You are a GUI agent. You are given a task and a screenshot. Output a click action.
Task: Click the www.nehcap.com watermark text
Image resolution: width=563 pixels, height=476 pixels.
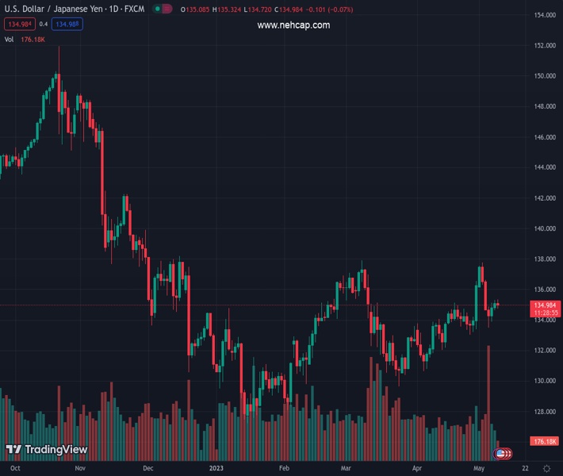293,25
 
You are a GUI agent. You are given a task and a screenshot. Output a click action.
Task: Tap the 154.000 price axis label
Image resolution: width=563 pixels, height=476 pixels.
544,15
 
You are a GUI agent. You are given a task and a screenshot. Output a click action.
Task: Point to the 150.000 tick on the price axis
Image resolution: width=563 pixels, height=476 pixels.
544,76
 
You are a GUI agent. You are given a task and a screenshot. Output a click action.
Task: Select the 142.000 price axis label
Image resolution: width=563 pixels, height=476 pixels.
544,198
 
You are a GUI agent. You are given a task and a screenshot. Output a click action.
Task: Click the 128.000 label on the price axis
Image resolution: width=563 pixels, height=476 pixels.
544,412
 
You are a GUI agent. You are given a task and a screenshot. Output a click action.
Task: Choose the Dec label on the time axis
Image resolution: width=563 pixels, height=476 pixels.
148,469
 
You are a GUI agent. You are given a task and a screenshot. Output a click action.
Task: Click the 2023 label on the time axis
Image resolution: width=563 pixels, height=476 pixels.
216,469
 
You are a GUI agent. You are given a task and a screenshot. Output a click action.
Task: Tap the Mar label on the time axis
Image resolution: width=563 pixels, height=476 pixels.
346,469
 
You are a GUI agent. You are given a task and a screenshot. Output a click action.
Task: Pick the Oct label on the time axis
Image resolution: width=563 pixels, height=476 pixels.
15,469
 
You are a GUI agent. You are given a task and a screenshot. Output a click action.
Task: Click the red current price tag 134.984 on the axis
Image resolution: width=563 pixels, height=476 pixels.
544,305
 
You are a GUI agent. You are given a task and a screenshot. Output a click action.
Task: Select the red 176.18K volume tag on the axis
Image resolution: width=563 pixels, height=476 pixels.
546,441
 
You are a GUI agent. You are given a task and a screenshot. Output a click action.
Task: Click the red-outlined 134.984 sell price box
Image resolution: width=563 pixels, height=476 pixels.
19,24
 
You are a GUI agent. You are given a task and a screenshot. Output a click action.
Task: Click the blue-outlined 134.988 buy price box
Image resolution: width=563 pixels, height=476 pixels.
67,24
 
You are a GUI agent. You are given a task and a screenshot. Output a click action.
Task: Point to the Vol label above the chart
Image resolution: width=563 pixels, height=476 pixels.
9,39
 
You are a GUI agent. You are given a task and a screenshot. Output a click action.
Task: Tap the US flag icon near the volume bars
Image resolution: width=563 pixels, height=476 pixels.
500,453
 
